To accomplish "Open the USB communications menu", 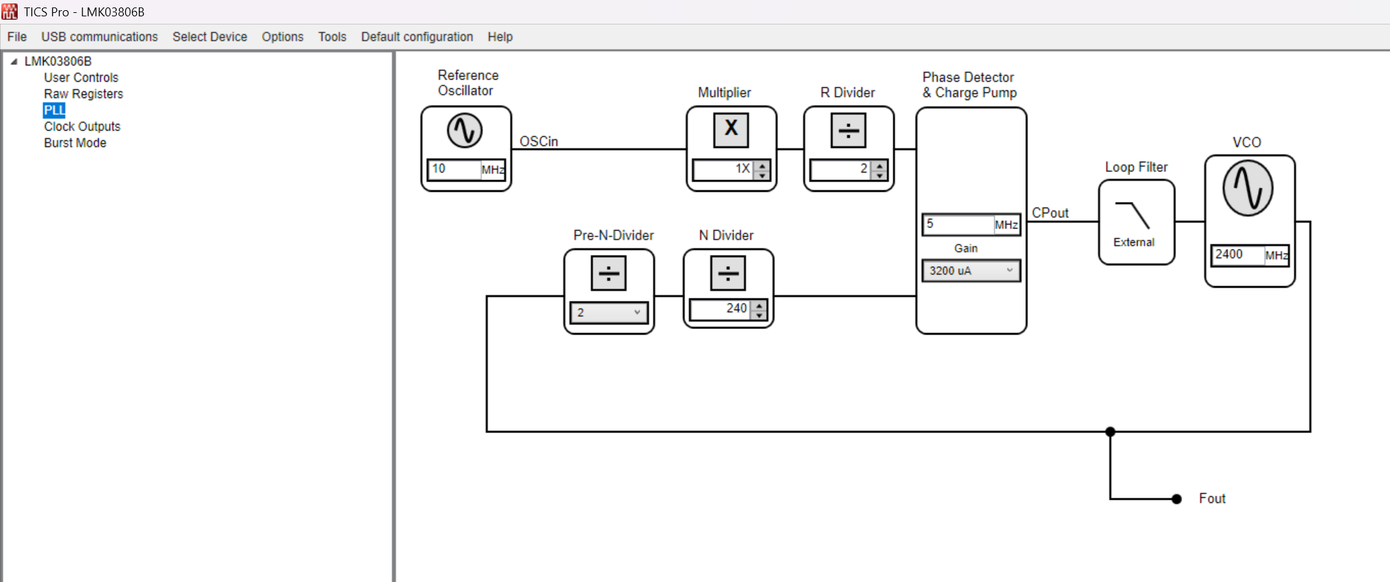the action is [99, 37].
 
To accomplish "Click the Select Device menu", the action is [210, 37].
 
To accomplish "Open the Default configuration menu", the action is [417, 37].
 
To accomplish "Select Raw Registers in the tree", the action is [84, 94].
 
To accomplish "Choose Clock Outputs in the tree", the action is [82, 126].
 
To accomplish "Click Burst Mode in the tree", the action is [76, 143].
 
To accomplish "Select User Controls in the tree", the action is [81, 78].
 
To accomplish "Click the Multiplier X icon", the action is [731, 129].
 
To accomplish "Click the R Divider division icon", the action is [848, 129].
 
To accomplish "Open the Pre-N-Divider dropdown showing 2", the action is [609, 312].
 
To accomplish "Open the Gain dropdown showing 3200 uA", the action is [971, 271].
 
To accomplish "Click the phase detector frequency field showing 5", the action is [958, 224].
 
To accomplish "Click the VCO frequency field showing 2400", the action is [1238, 255].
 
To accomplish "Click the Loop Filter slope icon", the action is [1133, 216].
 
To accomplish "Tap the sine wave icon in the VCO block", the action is [1248, 188].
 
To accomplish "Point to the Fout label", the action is [1212, 498].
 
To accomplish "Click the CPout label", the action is [1050, 213].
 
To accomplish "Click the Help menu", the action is [500, 37].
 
